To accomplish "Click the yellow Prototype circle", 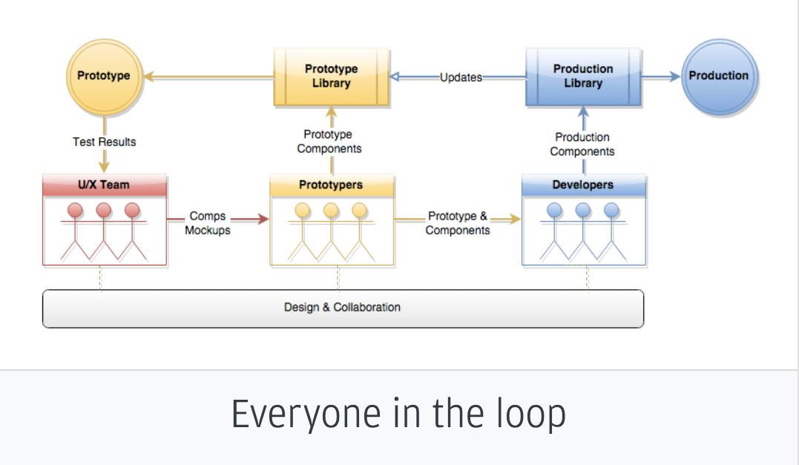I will click(x=104, y=76).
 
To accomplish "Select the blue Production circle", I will click(x=719, y=76).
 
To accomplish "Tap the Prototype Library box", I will click(x=332, y=76).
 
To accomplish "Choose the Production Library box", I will click(x=583, y=76).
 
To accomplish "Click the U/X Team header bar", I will click(x=105, y=185).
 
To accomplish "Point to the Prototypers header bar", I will click(x=331, y=185).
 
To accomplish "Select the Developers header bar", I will click(x=583, y=185).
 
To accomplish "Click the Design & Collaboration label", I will click(x=342, y=307).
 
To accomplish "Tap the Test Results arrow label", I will click(x=105, y=142).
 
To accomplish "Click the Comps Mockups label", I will click(x=208, y=223).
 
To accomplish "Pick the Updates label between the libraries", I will click(x=461, y=77).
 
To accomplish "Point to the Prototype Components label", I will click(x=329, y=142).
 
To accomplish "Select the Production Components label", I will click(x=582, y=145).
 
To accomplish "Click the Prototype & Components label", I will click(x=458, y=223).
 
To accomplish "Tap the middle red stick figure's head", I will click(x=104, y=211).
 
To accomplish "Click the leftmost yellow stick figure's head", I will click(x=303, y=211).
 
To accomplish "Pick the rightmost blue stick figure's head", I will click(x=611, y=211).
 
